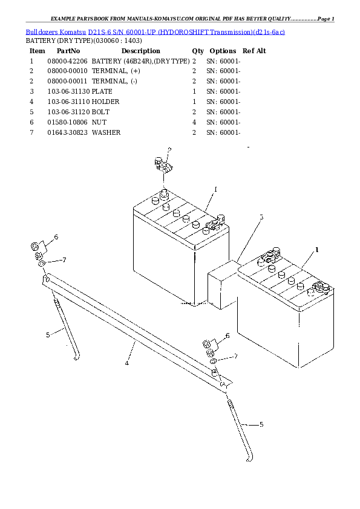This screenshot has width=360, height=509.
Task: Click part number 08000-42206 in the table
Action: [x=67, y=61]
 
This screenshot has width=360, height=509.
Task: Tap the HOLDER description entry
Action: [x=105, y=102]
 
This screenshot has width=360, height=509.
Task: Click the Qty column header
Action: [x=198, y=51]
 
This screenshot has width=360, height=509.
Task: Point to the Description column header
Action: [x=140, y=51]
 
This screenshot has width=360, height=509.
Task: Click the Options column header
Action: [x=223, y=51]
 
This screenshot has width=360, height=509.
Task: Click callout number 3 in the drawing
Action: [x=261, y=217]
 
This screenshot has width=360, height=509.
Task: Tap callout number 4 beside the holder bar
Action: [x=127, y=363]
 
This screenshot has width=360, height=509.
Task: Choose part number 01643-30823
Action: [x=67, y=132]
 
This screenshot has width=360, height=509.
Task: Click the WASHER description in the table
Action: [x=106, y=132]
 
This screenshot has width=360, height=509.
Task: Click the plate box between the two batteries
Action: [x=223, y=284]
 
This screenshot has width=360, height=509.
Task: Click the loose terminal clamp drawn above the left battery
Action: [x=162, y=166]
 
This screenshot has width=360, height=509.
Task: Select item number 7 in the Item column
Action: [x=31, y=132]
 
